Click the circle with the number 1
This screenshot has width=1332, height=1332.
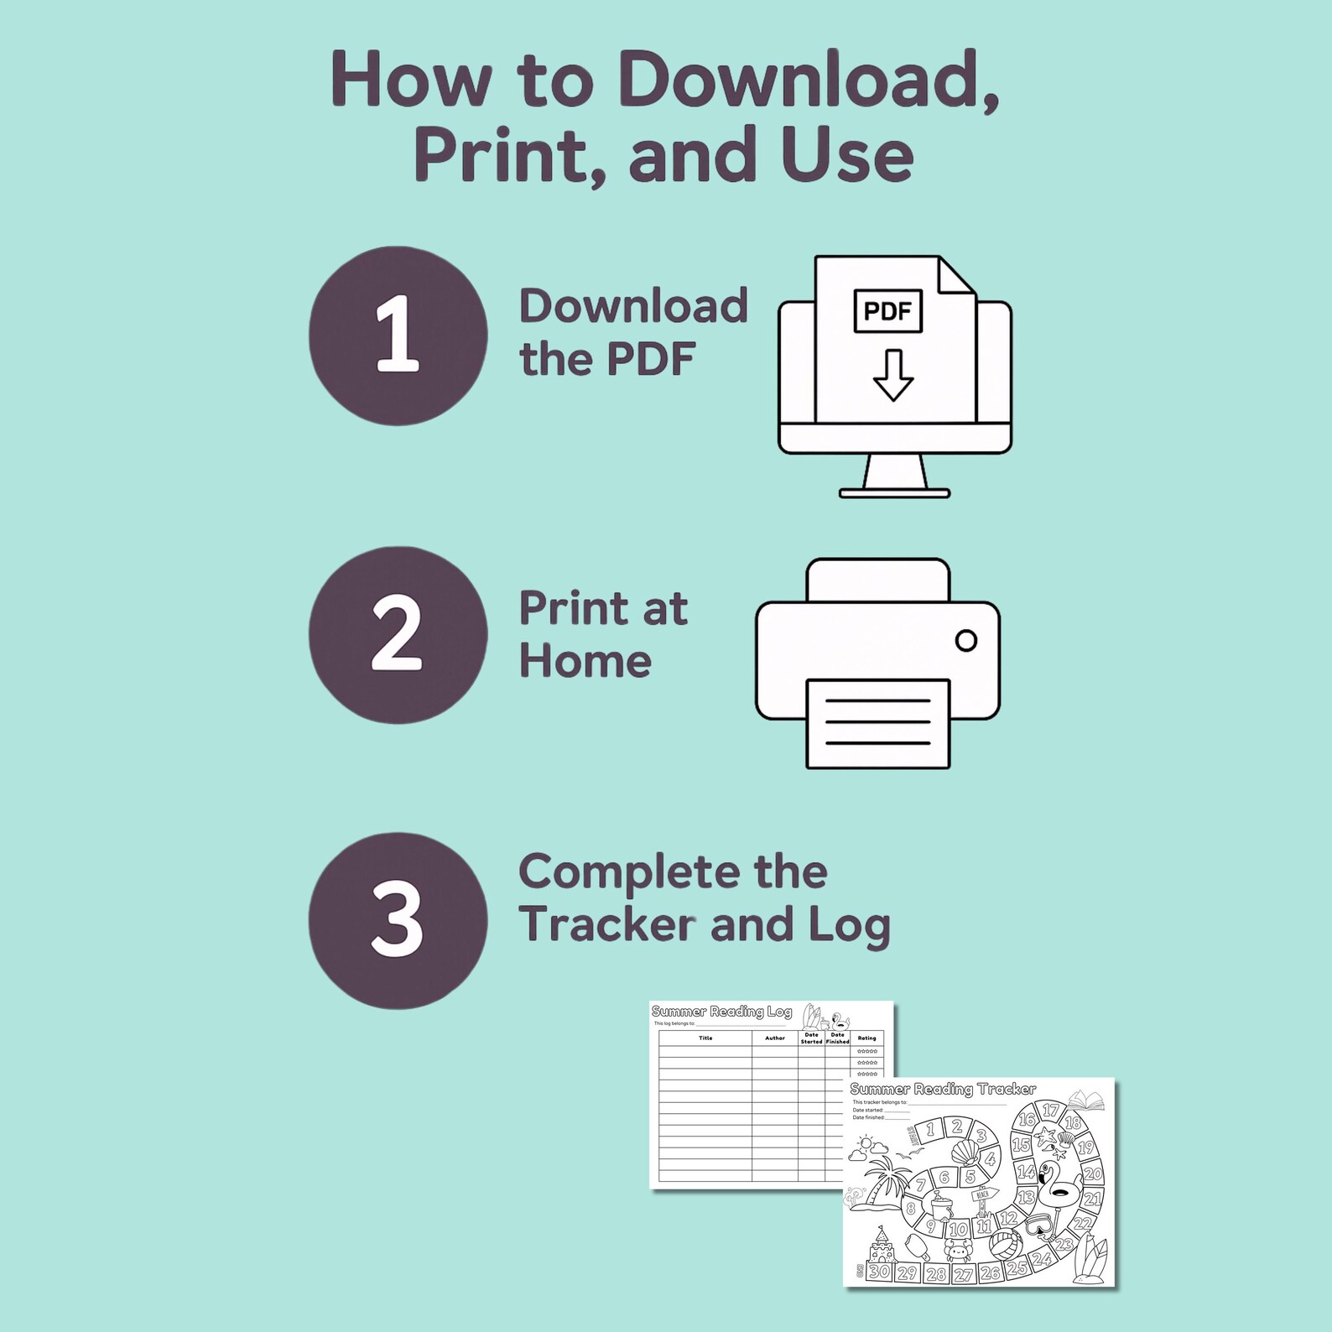[398, 336]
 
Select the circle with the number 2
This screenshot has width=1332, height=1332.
[398, 635]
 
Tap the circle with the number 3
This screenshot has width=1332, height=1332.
[398, 921]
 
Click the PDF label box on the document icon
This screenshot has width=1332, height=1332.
[887, 311]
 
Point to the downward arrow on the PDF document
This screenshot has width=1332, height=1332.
[892, 375]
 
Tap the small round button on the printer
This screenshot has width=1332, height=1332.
[965, 641]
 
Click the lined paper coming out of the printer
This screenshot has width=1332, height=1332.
[877, 723]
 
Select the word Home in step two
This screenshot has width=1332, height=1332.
[585, 661]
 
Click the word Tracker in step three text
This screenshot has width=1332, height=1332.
[606, 925]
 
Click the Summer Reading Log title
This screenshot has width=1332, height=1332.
[721, 1012]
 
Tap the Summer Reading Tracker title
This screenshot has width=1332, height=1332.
[943, 1089]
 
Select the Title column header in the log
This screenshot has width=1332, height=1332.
[705, 1038]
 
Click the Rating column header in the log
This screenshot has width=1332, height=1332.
[866, 1038]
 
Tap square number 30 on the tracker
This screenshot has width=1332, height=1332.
[879, 1272]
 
